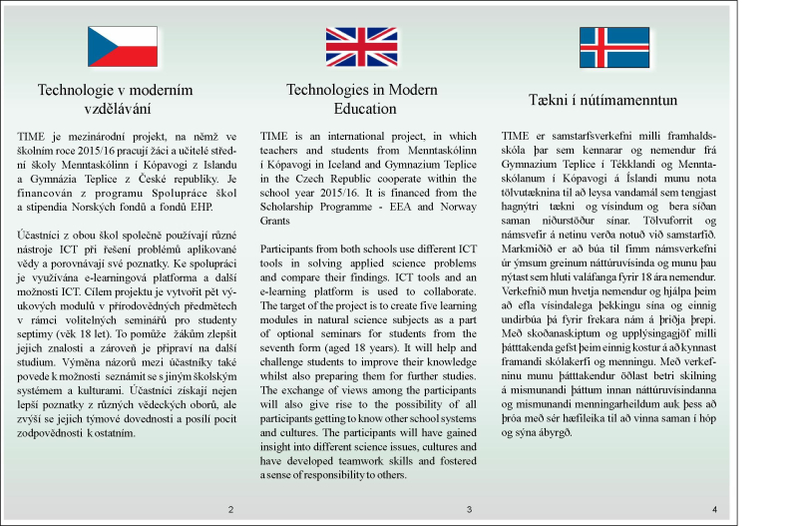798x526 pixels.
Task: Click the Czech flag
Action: (123, 46)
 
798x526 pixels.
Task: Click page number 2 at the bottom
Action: (231, 510)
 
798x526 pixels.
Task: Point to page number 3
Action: (468, 510)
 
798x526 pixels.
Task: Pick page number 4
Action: (714, 510)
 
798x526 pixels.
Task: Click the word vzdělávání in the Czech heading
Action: (115, 107)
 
